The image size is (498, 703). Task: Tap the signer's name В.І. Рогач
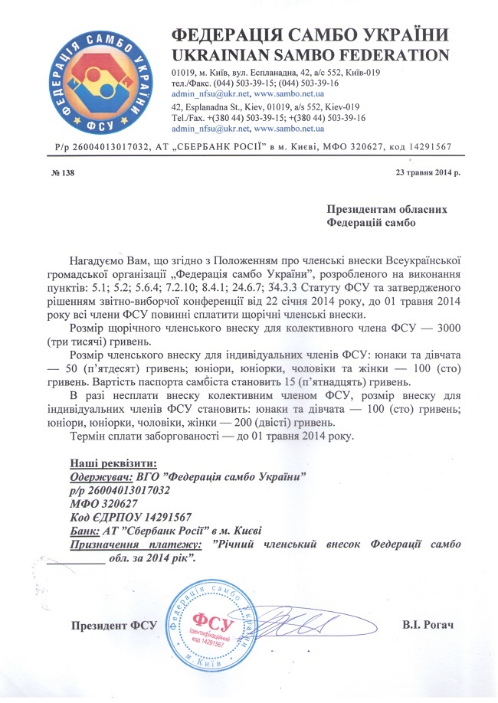(428, 625)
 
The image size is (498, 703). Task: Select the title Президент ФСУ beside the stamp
(113, 625)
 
